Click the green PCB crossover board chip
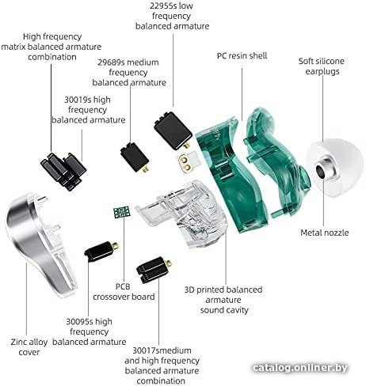tap(122, 212)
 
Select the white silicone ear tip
tap(334, 168)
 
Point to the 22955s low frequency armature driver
tap(173, 131)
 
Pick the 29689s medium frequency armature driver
tap(135, 157)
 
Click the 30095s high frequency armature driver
tap(101, 252)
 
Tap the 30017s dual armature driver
tap(154, 270)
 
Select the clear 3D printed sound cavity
tap(182, 214)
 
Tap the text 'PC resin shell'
tap(242, 56)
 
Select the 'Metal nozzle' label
tap(325, 233)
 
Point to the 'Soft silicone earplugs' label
tap(322, 66)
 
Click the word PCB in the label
tap(123, 286)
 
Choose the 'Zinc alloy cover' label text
tap(29, 347)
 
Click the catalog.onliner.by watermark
tap(299, 368)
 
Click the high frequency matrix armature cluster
tap(63, 171)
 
